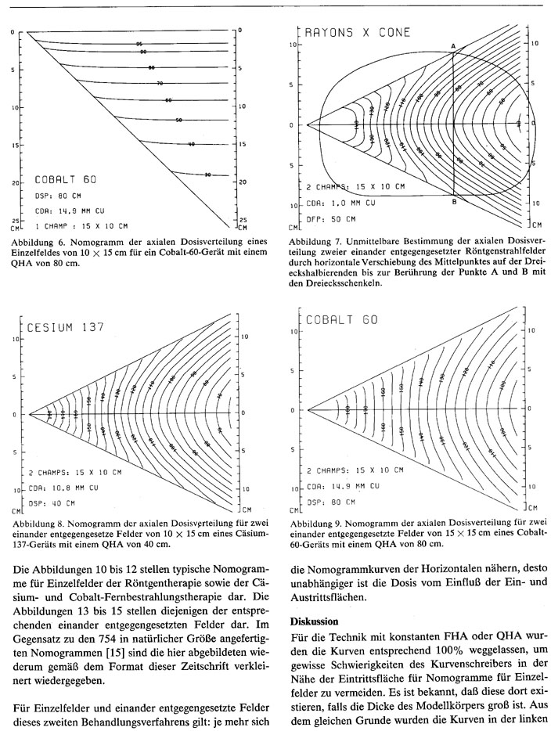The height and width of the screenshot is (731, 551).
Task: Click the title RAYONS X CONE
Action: tap(355, 34)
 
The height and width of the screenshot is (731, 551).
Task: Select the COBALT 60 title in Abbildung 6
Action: tap(70, 179)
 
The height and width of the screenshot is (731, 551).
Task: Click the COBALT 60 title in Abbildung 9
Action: tap(344, 320)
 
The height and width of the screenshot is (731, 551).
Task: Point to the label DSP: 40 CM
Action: tap(52, 502)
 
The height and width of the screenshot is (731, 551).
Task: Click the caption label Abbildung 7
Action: tap(315, 242)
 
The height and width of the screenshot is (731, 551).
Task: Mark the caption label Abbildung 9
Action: tap(315, 522)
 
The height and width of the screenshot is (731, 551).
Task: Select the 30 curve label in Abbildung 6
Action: tap(207, 175)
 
